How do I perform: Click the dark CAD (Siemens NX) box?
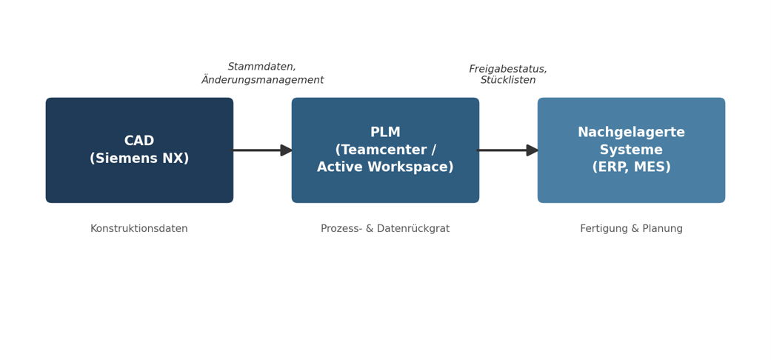[x=139, y=150]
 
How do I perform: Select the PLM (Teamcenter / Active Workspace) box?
[x=385, y=150]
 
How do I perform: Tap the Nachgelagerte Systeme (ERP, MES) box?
[x=631, y=150]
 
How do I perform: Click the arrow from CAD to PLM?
[x=263, y=150]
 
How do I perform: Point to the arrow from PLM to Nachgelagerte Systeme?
[x=508, y=150]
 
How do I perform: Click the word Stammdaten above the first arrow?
[x=261, y=67]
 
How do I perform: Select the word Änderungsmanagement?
[x=263, y=80]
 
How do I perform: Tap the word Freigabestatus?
[x=507, y=69]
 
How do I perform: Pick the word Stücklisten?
[x=508, y=80]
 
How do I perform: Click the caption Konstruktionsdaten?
[x=139, y=229]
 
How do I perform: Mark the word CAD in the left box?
[x=139, y=141]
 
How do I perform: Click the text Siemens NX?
[x=139, y=159]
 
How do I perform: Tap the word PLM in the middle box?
[x=385, y=133]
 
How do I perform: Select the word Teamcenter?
[x=381, y=150]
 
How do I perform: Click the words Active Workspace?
[x=383, y=167]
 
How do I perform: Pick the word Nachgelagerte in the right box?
[x=631, y=133]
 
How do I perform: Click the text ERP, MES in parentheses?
[x=631, y=167]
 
